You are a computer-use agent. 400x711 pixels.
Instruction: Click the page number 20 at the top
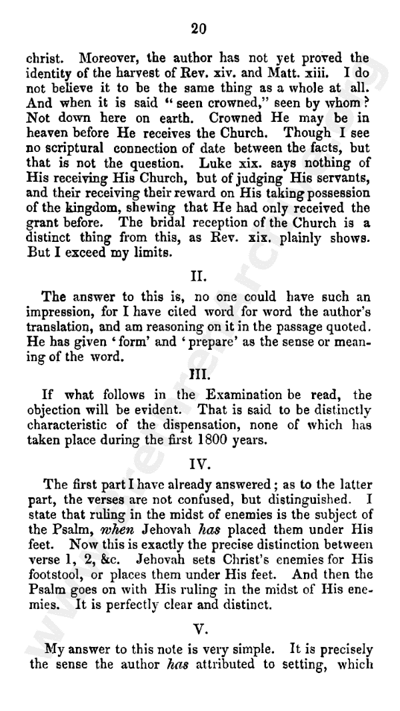coord(199,28)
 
